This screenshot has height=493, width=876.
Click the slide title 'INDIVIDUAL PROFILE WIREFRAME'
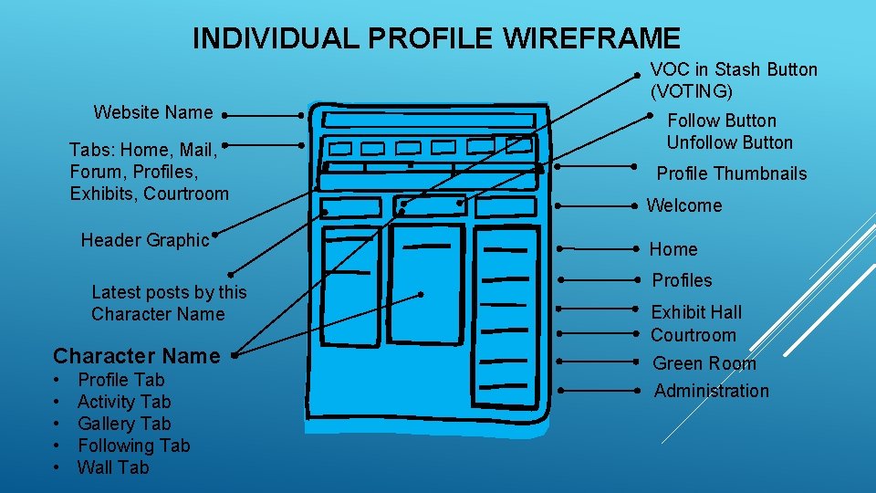(x=436, y=38)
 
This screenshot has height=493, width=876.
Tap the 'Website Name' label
(x=152, y=112)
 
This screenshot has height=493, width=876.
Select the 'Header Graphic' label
(x=145, y=240)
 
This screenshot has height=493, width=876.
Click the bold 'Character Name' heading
(x=137, y=356)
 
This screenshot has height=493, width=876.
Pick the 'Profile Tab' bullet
(x=121, y=380)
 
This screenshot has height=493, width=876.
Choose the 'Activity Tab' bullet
(x=124, y=402)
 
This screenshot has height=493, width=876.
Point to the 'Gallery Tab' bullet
(x=124, y=424)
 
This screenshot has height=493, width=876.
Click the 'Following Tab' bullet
(x=133, y=446)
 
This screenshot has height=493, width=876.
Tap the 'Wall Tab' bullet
(x=113, y=467)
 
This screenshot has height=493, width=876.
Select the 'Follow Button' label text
(x=722, y=121)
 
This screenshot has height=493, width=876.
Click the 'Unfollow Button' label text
(x=729, y=142)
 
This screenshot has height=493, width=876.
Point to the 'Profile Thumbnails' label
(x=732, y=173)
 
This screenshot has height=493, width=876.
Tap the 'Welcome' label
(x=684, y=205)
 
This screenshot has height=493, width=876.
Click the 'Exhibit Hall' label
(x=696, y=312)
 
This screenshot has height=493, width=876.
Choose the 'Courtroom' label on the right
(x=693, y=335)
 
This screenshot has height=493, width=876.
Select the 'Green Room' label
(x=704, y=363)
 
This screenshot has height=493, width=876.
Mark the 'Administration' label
(x=712, y=391)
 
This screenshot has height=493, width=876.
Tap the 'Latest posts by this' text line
(x=169, y=292)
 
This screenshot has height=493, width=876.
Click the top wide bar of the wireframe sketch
(x=429, y=121)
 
